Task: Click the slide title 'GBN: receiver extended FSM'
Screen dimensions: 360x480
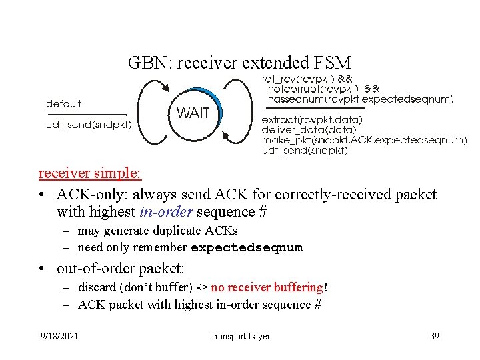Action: click(239, 63)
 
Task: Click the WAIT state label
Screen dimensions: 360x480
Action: click(193, 113)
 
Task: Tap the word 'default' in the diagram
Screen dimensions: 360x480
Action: click(64, 104)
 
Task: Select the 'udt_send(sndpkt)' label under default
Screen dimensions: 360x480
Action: click(89, 124)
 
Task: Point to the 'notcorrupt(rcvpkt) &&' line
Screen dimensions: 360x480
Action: click(323, 89)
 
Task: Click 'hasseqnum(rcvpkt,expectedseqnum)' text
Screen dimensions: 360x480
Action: click(361, 99)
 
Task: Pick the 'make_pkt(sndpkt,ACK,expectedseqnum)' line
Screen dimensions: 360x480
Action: click(364, 140)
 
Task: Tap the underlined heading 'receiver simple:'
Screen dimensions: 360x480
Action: click(90, 173)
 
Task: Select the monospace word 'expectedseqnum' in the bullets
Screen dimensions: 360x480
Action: click(247, 248)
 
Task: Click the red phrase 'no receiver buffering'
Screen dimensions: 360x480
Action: click(267, 287)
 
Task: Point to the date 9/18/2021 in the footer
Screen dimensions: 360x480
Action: click(58, 336)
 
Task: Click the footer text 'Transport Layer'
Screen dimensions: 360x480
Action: click(240, 336)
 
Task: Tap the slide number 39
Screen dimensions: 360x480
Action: click(435, 336)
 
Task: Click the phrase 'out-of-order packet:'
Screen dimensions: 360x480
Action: click(121, 269)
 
